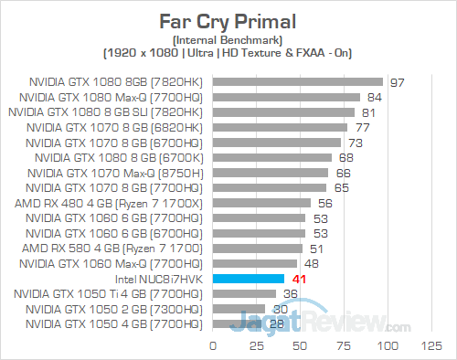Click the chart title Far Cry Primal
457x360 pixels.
(228, 16)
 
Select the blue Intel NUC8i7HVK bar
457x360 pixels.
(249, 278)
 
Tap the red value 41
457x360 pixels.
(298, 278)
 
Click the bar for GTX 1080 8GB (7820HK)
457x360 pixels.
(298, 81)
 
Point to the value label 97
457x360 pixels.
(396, 81)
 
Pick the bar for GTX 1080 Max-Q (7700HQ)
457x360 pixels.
(286, 97)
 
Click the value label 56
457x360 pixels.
(324, 202)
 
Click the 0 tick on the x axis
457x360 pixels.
(213, 346)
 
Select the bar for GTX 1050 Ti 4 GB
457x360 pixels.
(244, 293)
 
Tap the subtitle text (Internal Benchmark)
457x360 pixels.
(228, 40)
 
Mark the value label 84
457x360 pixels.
(373, 97)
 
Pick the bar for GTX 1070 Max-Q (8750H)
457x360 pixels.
(271, 172)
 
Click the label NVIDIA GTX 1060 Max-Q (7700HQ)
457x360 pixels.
(113, 263)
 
